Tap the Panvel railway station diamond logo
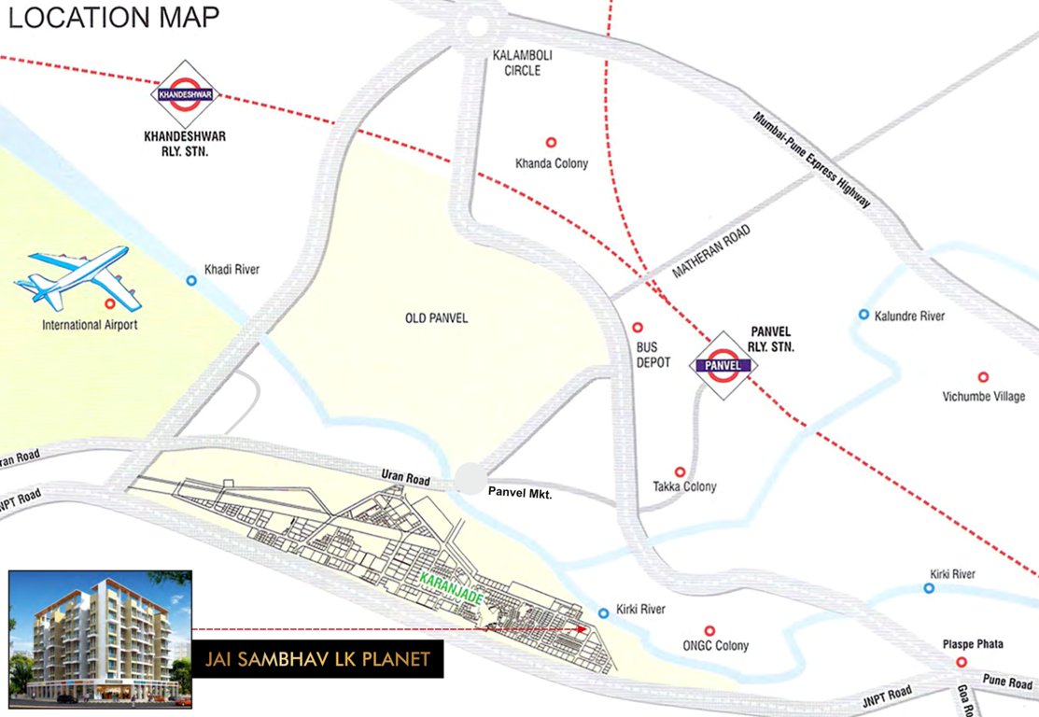coord(723,365)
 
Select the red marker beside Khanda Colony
coord(551,143)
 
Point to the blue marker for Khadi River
coord(191,280)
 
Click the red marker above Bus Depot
coord(639,328)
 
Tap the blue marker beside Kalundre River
coord(864,315)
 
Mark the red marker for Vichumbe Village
coord(983,377)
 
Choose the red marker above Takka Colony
coord(680,472)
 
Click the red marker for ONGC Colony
coord(709,631)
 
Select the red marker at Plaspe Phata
coord(961,662)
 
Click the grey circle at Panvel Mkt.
coord(472,480)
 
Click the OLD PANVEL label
coord(436,318)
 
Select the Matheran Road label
coord(710,252)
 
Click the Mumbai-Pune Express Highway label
coord(811,159)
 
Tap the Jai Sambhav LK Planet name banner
coord(317,658)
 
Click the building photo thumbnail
coord(100,637)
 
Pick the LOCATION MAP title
coord(114,19)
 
